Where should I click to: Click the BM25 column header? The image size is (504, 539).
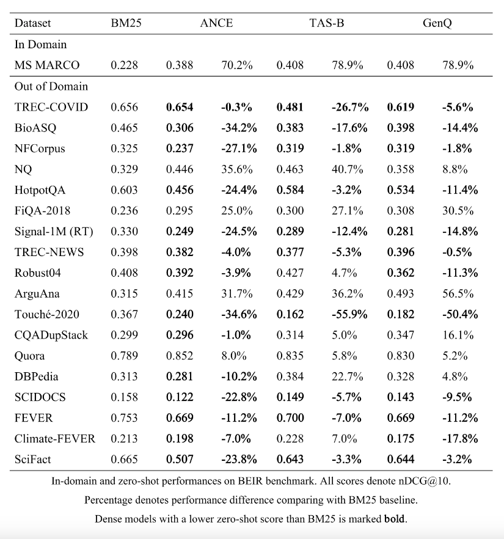(x=124, y=24)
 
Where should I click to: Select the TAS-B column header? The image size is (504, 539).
(x=321, y=24)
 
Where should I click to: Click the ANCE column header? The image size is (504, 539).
(x=216, y=24)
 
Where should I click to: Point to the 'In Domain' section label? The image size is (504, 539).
(x=40, y=45)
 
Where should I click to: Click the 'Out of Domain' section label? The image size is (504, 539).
(x=51, y=86)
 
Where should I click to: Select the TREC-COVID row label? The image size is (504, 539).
(x=51, y=107)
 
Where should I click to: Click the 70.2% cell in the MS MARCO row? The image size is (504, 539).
(x=236, y=65)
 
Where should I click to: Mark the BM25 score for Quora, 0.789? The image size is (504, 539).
(x=124, y=356)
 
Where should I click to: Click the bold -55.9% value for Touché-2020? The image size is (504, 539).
(x=350, y=314)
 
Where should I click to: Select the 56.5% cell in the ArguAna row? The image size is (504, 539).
(x=458, y=293)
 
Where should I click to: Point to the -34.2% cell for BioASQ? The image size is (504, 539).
(x=239, y=128)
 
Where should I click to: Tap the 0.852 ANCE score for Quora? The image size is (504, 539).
(x=180, y=356)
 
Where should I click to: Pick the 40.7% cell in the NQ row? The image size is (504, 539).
(x=347, y=169)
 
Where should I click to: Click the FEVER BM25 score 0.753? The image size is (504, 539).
(x=124, y=418)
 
